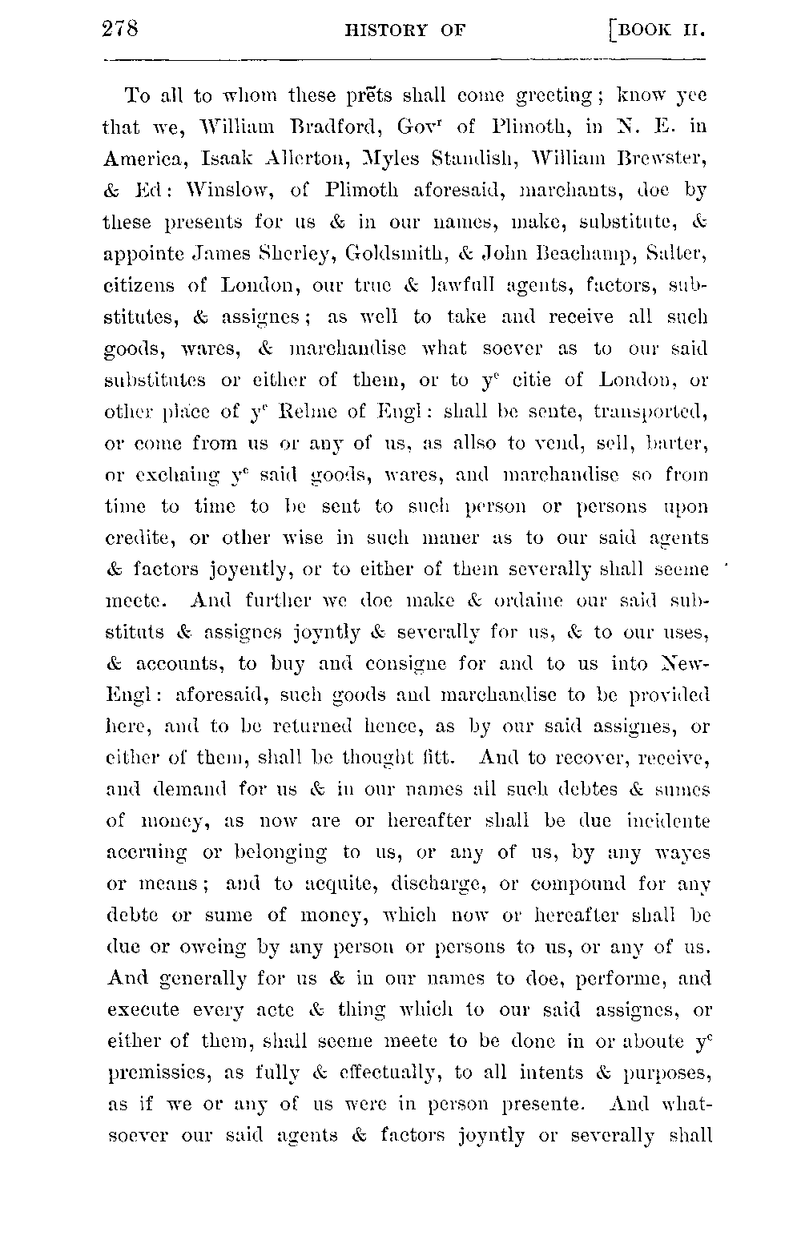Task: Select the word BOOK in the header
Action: pyautogui.click(x=646, y=32)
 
